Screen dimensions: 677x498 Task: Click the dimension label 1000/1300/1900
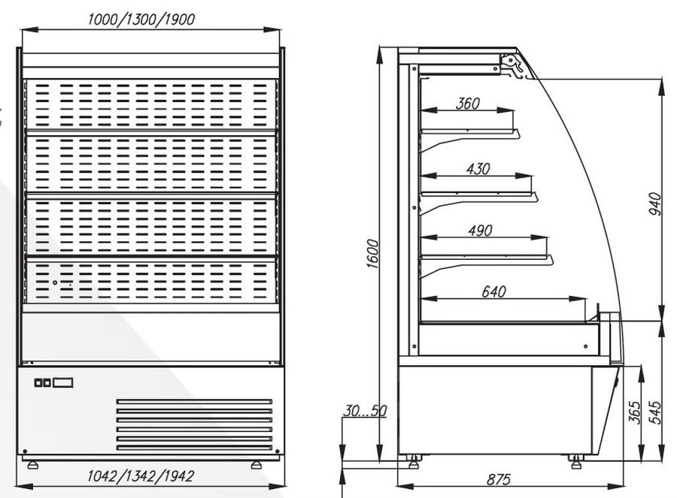[141, 20]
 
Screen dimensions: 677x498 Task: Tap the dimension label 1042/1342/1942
[141, 476]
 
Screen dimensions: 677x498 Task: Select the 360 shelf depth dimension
[468, 104]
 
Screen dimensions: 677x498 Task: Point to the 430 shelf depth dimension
[478, 168]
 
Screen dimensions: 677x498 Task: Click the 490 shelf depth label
[480, 231]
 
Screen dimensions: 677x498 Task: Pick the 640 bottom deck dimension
[493, 292]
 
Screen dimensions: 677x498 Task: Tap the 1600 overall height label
[372, 254]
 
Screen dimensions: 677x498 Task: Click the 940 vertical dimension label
[655, 204]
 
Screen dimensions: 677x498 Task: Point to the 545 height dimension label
[655, 412]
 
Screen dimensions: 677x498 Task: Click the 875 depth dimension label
[499, 479]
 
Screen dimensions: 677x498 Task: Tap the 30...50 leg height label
[365, 411]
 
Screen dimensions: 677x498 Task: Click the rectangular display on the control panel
[63, 382]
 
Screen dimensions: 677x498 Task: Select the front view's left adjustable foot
[32, 465]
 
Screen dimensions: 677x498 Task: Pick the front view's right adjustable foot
[257, 465]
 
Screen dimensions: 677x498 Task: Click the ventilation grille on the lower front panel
[194, 425]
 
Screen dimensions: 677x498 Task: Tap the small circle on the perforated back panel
[55, 283]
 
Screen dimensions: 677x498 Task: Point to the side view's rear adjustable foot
[413, 462]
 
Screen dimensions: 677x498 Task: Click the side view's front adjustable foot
[576, 462]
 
